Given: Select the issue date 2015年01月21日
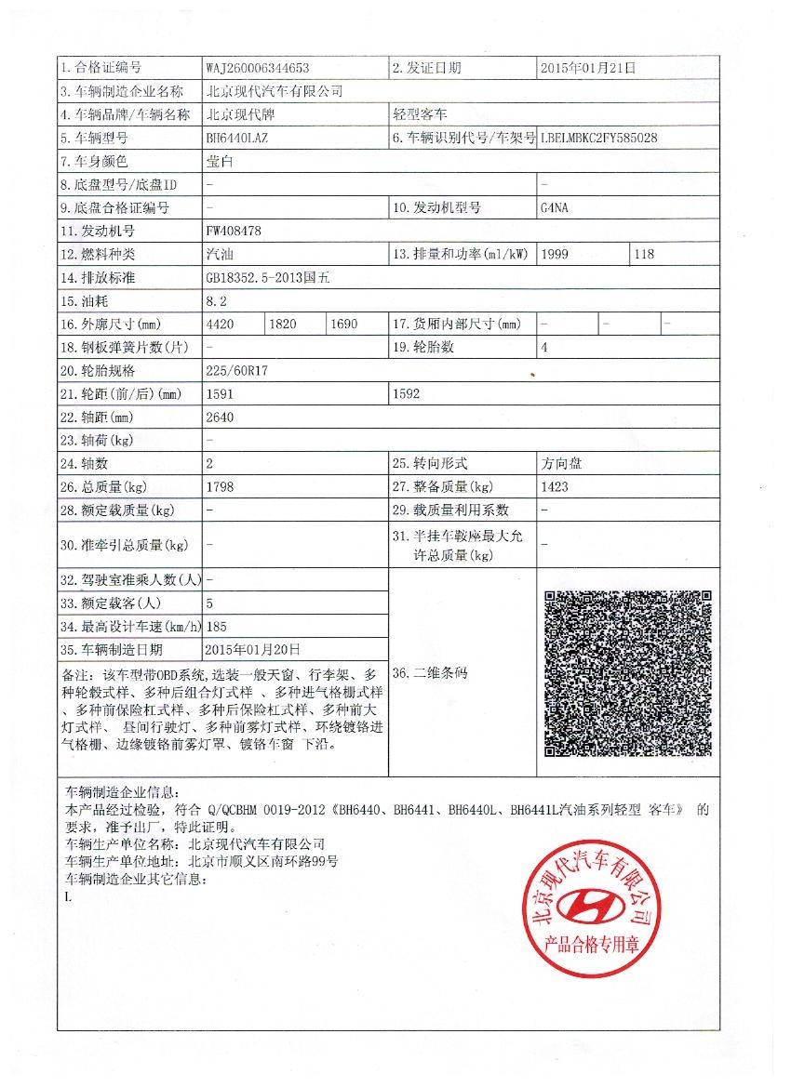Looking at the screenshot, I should pyautogui.click(x=588, y=68).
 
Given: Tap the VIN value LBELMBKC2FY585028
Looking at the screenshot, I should pyautogui.click(x=599, y=138).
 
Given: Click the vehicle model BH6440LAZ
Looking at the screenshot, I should pyautogui.click(x=238, y=138).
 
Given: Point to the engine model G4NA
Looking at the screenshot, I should pyautogui.click(x=554, y=208).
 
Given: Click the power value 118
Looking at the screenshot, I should pyautogui.click(x=644, y=254).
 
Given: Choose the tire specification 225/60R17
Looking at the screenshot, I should pyautogui.click(x=236, y=370).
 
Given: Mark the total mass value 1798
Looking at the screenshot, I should pyautogui.click(x=219, y=486).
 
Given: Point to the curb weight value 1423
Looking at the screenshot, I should pyautogui.click(x=555, y=486).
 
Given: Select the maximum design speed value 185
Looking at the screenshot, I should pyautogui.click(x=216, y=626).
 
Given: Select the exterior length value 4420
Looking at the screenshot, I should pyautogui.click(x=220, y=324).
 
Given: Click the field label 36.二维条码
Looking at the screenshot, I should pyautogui.click(x=431, y=672).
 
